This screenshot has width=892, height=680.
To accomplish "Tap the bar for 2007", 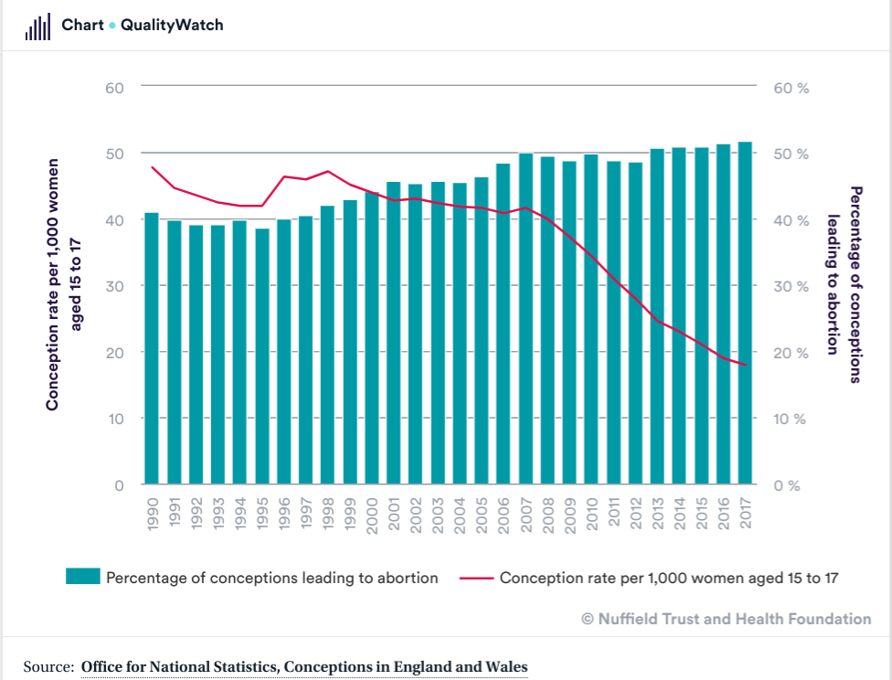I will click(526, 319).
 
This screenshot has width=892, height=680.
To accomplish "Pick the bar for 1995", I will click(262, 356).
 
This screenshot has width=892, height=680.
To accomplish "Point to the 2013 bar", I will click(657, 316).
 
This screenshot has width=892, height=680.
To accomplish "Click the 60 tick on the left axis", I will click(114, 88).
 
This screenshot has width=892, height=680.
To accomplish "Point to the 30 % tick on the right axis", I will click(791, 286).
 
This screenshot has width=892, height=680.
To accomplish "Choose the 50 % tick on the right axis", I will click(791, 154).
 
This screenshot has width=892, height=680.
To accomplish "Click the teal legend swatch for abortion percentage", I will click(81, 577).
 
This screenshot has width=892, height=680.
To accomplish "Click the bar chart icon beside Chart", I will click(37, 27).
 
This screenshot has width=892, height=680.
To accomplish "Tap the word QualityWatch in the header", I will click(172, 26).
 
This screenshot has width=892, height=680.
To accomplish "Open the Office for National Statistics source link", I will click(304, 666).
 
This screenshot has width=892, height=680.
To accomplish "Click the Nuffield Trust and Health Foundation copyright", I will click(727, 619).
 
